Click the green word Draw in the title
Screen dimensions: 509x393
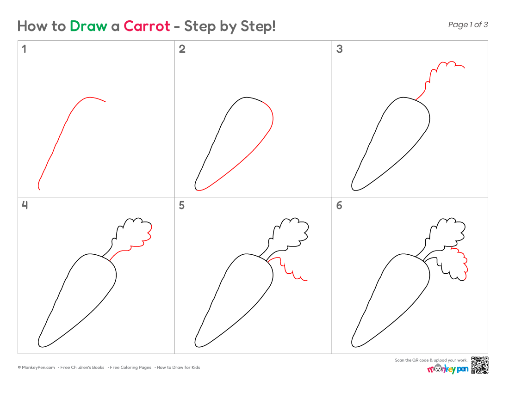click(x=88, y=26)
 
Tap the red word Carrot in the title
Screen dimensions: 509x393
click(x=147, y=26)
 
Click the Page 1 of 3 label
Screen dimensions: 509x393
click(x=468, y=25)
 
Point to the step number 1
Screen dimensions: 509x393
click(x=24, y=49)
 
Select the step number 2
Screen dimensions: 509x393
click(x=182, y=49)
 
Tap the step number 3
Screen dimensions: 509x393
click(x=340, y=49)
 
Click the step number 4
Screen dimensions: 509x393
click(x=25, y=205)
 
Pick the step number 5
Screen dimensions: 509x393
click(x=182, y=205)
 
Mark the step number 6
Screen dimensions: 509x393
click(x=339, y=205)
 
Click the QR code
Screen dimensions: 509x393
click(x=480, y=365)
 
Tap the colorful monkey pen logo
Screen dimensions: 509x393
click(x=448, y=368)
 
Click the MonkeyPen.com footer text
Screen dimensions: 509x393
click(x=37, y=368)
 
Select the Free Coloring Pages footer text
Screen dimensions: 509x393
click(x=130, y=368)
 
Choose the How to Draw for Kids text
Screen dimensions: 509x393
click(x=178, y=368)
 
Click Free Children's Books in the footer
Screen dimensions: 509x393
click(x=82, y=368)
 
